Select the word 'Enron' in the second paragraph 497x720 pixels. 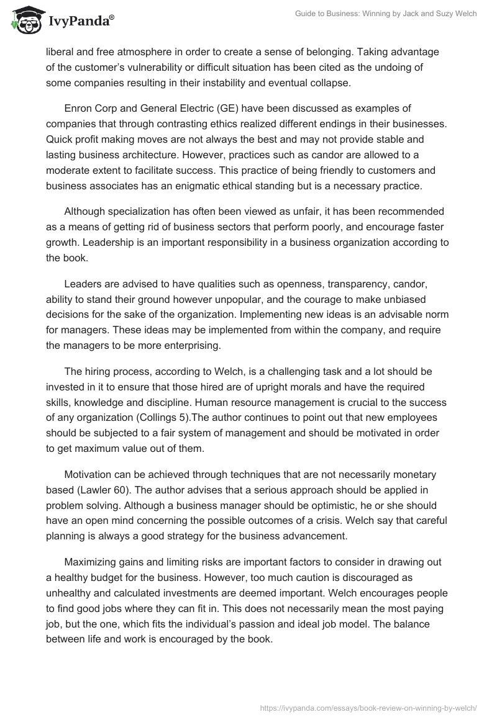tap(79, 109)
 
